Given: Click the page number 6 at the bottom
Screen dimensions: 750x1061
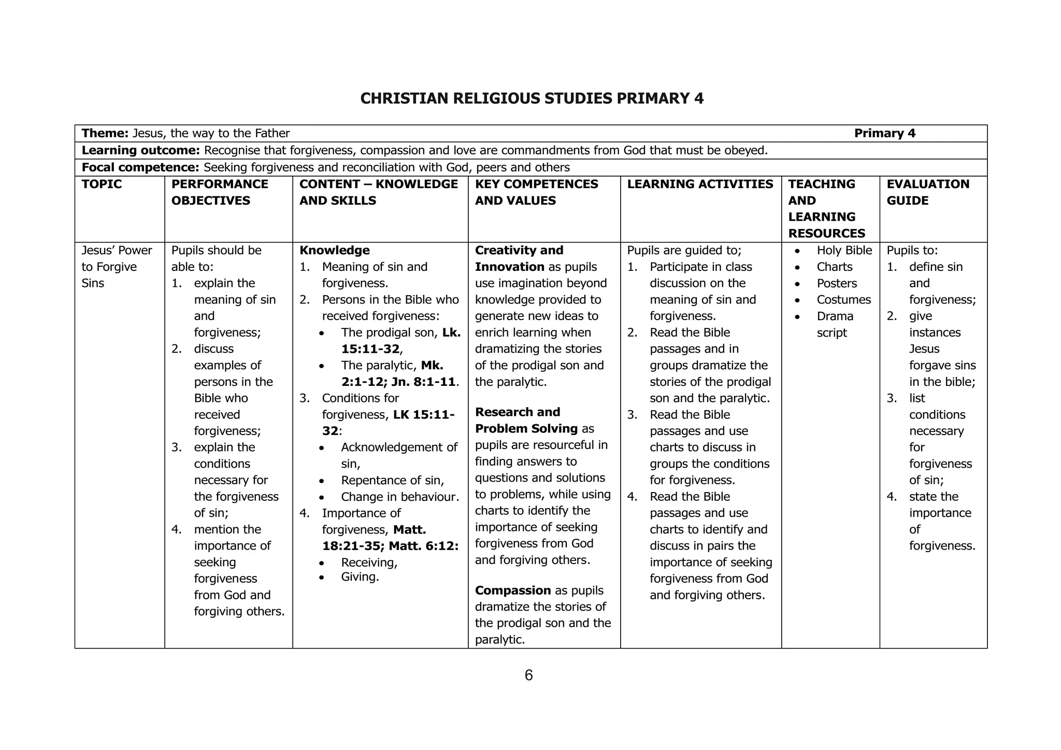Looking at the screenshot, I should click(528, 675).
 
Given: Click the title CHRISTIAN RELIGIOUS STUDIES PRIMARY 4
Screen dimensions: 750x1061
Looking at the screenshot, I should click(532, 98).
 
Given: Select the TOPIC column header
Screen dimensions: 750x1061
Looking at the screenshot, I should click(102, 184).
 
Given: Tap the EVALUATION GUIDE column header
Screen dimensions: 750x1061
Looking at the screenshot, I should click(927, 192).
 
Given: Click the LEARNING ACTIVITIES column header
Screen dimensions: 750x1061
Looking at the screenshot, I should click(699, 184).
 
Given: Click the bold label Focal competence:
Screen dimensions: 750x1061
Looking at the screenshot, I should click(140, 167).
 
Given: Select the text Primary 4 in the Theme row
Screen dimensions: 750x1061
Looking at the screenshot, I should click(884, 134).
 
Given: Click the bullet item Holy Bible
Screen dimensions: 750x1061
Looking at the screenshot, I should click(844, 251).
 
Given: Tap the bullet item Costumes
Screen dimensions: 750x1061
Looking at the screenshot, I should click(843, 300).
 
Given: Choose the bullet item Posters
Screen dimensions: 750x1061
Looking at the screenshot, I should click(837, 283).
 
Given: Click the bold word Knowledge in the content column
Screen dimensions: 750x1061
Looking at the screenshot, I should click(335, 251).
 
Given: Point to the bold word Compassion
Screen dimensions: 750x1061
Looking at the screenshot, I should click(513, 590).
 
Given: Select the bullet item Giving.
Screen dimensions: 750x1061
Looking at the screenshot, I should click(360, 577).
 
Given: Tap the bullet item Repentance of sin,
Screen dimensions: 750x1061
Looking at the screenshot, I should click(392, 481).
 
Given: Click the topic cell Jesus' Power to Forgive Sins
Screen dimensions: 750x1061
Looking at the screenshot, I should click(117, 267).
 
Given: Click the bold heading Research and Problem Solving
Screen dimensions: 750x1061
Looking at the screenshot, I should click(526, 421).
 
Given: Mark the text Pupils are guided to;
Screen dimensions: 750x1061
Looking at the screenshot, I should click(684, 251).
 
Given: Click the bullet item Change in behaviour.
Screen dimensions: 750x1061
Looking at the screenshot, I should click(399, 497).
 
